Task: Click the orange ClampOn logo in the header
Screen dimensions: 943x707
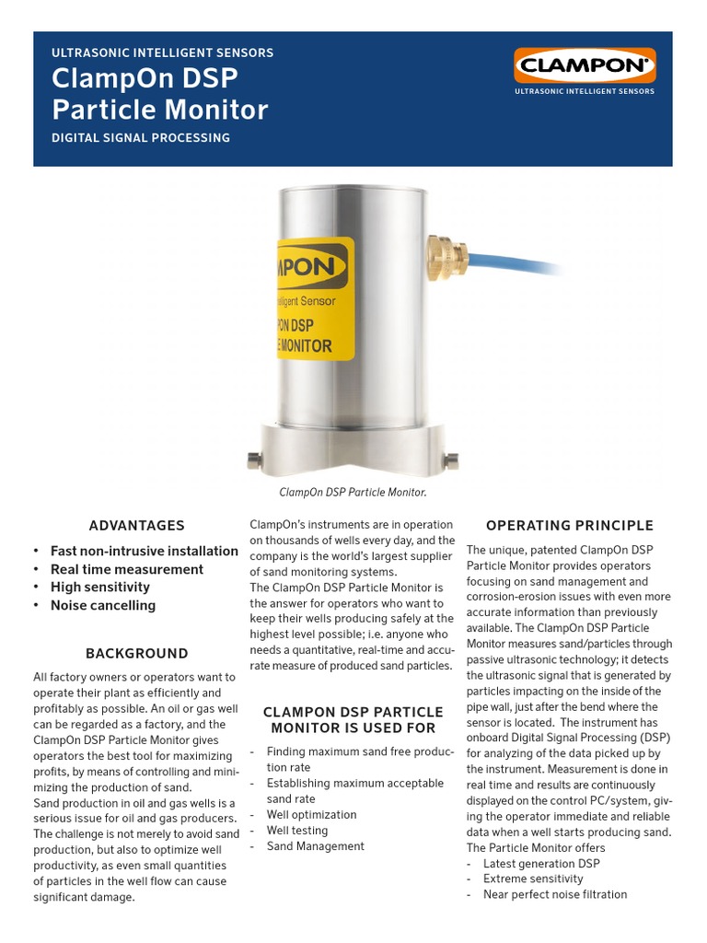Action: click(585, 65)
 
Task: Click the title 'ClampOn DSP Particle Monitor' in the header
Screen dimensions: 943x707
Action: click(160, 95)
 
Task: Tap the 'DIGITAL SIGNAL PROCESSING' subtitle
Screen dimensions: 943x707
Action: click(141, 138)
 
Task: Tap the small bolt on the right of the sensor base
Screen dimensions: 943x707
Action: click(451, 459)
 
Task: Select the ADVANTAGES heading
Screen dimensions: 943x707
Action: click(136, 526)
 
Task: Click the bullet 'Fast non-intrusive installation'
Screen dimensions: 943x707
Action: click(144, 551)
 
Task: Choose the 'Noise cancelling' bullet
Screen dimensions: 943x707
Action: click(103, 605)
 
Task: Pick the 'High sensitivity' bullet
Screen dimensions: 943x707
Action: click(100, 588)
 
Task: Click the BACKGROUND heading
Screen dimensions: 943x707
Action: click(136, 654)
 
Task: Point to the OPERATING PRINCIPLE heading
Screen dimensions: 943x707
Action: click(569, 526)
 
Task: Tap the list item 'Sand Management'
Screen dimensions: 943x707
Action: click(315, 846)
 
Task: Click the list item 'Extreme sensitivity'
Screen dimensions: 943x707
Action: click(533, 879)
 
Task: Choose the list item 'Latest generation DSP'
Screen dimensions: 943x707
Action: click(541, 863)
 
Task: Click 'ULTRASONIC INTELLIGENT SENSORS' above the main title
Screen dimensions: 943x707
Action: click(163, 53)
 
